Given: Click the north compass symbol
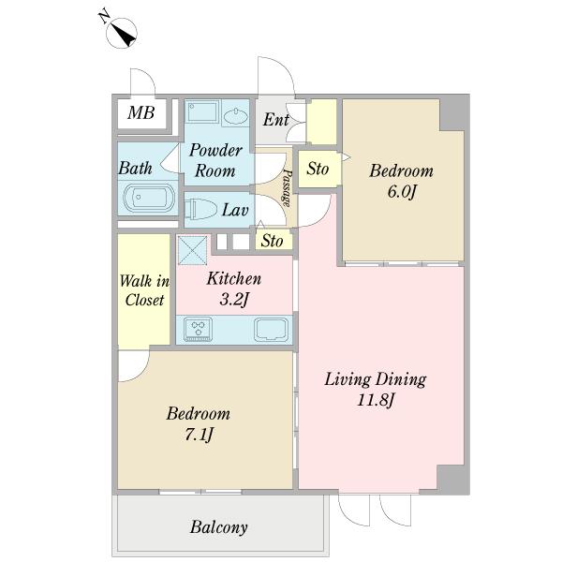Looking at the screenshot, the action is point(122,33).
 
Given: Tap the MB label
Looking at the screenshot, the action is point(141,112).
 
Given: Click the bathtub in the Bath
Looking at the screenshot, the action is point(149,198).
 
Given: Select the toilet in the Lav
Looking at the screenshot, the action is point(200,209).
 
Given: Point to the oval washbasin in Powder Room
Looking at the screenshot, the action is point(235,116).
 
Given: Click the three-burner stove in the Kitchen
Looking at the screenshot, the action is point(198,330).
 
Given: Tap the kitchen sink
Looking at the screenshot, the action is point(272,330).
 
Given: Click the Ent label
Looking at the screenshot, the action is point(276,120).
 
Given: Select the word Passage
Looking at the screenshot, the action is point(287,187).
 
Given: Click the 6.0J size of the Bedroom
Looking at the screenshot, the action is point(402,192).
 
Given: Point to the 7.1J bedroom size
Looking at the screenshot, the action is point(199,435).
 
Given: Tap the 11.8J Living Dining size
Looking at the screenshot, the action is point(376,400).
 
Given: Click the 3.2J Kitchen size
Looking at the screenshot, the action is point(233,300).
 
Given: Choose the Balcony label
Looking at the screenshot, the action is point(218,527).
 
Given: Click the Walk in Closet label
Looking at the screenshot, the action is point(144,290).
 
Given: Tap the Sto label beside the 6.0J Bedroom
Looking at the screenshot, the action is point(318,169).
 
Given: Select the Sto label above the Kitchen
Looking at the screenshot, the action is point(272,241).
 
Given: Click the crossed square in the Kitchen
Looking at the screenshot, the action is point(192,250).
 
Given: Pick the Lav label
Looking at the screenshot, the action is point(235,210).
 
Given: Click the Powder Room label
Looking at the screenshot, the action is point(215,160).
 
